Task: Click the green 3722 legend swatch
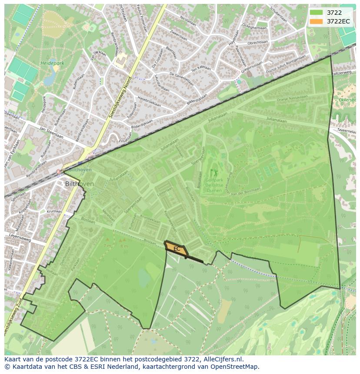pos(317,13)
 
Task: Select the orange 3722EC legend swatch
pos(317,21)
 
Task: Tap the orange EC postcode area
pos(177,249)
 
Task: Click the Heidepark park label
pos(52,63)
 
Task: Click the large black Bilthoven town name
pos(79,184)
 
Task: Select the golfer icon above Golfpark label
pos(213,173)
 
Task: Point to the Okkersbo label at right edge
pos(347,100)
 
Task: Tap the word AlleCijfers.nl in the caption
pos(222,359)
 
